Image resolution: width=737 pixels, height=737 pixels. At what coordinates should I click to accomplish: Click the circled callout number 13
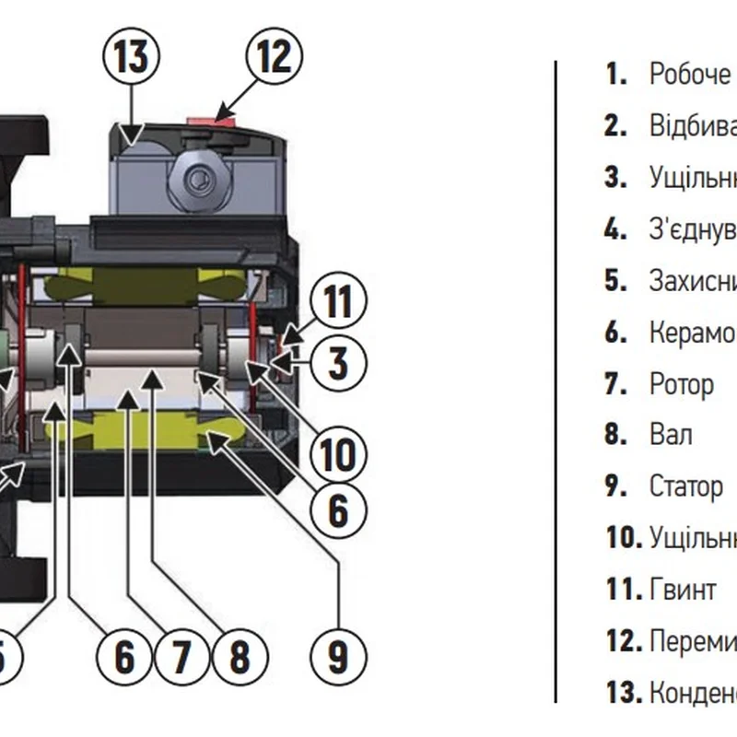130,57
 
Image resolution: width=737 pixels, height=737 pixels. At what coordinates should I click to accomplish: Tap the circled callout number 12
273,57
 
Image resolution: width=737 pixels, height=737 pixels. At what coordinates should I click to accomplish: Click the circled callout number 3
338,362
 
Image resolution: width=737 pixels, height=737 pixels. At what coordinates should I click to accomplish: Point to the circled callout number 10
338,454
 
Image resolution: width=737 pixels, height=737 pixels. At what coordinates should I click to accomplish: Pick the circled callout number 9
338,655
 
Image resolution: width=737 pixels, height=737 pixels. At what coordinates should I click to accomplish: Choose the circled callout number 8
239,655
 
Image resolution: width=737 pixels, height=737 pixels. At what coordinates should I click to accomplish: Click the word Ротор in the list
681,383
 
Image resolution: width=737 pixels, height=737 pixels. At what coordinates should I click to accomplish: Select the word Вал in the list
670,434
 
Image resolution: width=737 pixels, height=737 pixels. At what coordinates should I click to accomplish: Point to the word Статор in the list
685,485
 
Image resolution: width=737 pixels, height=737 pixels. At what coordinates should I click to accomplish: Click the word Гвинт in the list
682,588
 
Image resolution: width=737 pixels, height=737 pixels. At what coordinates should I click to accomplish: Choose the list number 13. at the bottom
624,691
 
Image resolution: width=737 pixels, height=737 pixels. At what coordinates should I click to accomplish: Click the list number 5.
615,280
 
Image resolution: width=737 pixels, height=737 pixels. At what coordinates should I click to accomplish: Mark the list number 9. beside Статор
615,485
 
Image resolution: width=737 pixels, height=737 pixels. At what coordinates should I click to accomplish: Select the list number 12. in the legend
624,639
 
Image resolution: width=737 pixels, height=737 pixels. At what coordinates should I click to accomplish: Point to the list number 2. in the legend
615,125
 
